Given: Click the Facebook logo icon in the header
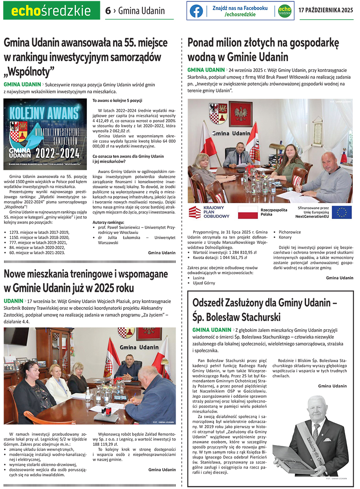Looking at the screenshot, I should tap(196, 11).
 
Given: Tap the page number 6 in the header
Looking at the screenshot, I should tap(108, 11).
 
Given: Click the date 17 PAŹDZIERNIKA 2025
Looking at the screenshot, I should tap(326, 11).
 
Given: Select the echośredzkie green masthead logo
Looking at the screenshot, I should tap(51, 11).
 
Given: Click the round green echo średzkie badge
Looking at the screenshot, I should tap(284, 11).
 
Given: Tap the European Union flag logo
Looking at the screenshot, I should tap(342, 212).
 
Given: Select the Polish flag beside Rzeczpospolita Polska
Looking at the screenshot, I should tap(248, 212).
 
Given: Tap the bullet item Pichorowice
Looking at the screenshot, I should tap(290, 232).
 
